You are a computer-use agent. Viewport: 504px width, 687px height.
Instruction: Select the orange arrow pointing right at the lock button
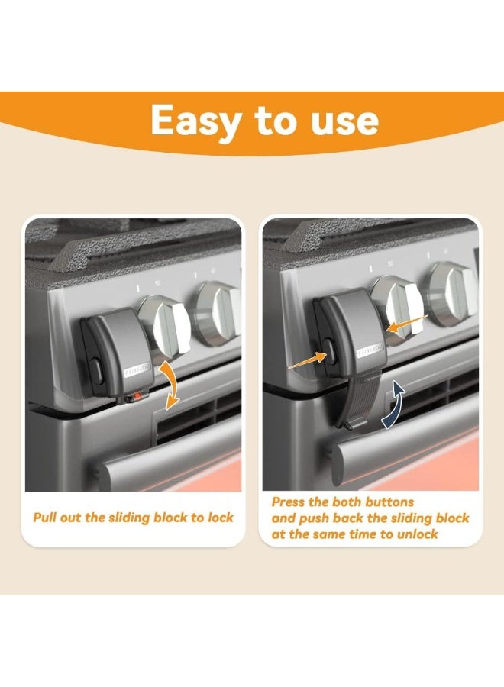pyautogui.click(x=306, y=360)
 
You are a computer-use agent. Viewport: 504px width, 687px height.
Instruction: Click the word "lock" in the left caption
pyautogui.click(x=217, y=518)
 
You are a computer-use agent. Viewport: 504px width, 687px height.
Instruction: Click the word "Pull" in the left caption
pyautogui.click(x=45, y=518)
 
